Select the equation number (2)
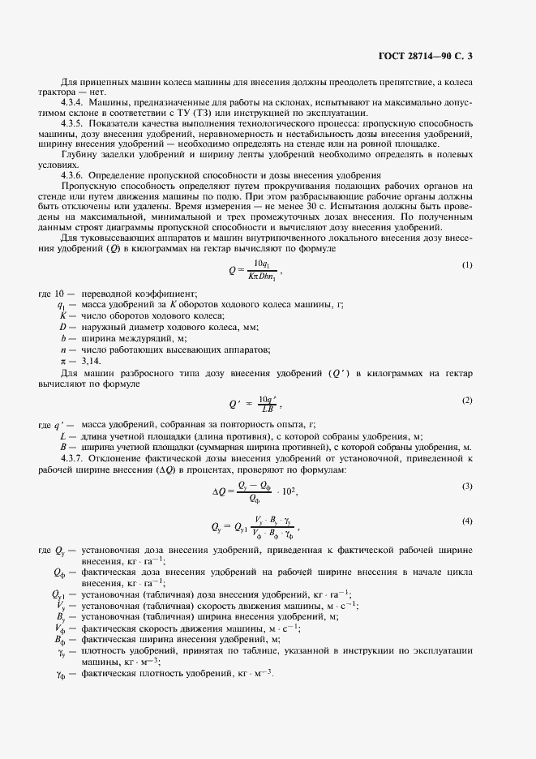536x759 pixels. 466,401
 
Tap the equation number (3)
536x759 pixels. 466,487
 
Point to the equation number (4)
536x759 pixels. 466,521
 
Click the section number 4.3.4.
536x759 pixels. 75,102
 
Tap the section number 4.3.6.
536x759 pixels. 75,175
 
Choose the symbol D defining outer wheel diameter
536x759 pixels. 62,326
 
